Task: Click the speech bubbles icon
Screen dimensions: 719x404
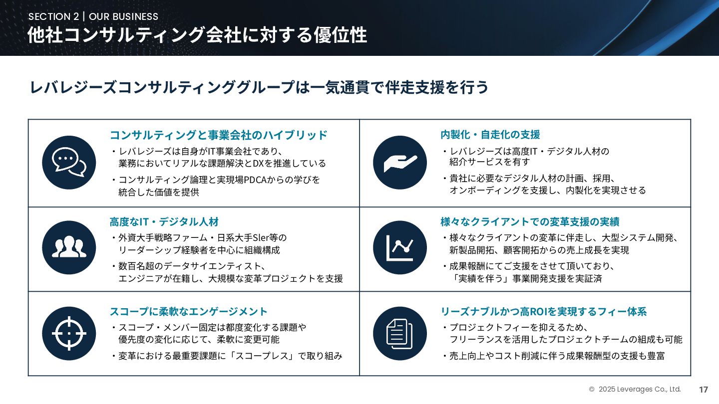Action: tap(69, 162)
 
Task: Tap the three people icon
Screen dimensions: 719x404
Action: tap(69, 247)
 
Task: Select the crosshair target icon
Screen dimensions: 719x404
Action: tap(69, 333)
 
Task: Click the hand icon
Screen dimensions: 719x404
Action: tap(400, 162)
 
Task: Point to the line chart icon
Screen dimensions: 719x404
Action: tap(400, 247)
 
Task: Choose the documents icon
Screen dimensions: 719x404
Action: tap(400, 333)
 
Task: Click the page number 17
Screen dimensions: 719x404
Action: tap(704, 390)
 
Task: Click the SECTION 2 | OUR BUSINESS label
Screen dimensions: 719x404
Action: tap(93, 16)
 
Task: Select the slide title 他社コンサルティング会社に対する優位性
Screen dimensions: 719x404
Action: tap(197, 35)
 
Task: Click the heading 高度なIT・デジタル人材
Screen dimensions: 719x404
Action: tap(164, 221)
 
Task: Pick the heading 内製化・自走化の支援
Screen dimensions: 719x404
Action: tap(490, 134)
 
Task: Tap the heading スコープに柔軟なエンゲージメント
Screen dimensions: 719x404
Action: tap(189, 311)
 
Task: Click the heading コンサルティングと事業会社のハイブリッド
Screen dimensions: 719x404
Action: tap(219, 135)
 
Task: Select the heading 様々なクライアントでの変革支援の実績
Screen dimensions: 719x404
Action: tap(530, 221)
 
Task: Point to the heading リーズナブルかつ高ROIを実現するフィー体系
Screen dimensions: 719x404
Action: tap(544, 311)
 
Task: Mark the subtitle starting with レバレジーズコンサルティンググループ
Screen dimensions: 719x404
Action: tap(259, 87)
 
